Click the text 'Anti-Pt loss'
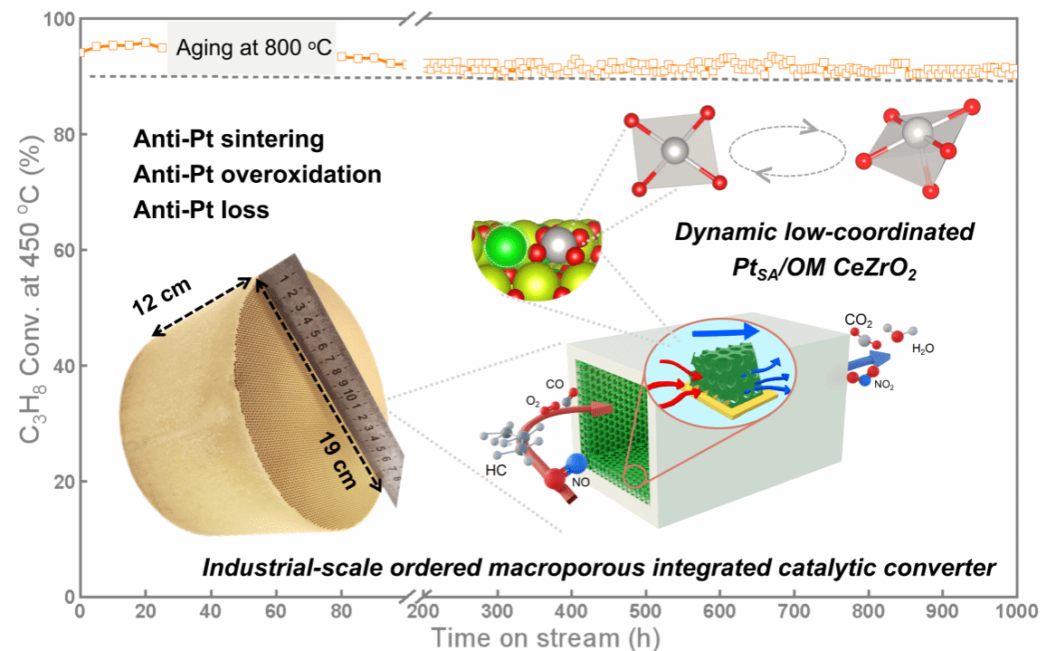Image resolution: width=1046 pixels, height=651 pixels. pyautogui.click(x=200, y=210)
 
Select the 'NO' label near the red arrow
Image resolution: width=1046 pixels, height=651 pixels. pyautogui.click(x=580, y=483)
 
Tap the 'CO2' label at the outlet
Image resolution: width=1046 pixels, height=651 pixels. pyautogui.click(x=859, y=321)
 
